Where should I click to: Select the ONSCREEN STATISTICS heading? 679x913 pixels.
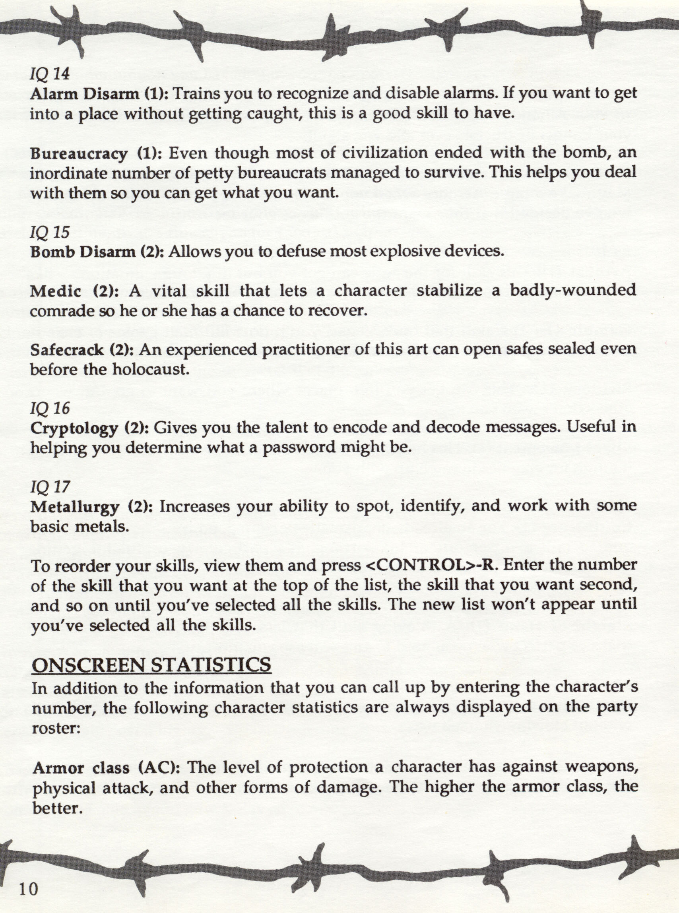(151, 665)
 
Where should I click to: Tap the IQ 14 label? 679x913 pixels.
(50, 74)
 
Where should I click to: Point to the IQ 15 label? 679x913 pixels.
(50, 233)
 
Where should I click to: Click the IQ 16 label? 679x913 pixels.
(50, 408)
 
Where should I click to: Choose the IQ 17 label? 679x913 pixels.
(50, 487)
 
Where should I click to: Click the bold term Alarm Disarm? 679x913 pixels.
(85, 94)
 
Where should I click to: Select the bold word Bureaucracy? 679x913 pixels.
(78, 154)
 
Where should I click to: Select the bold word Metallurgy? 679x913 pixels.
(74, 507)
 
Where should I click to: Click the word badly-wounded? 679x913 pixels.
(573, 291)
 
